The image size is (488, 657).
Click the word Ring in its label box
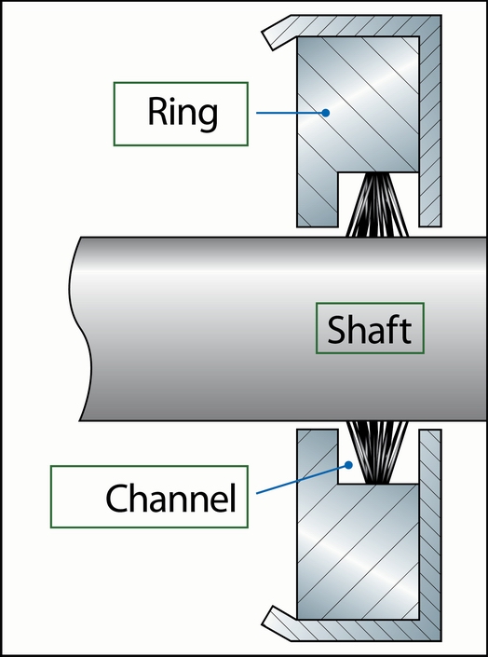(183, 113)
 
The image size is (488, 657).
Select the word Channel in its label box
(171, 498)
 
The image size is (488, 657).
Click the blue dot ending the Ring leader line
(325, 113)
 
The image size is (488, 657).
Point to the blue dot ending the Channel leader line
(348, 465)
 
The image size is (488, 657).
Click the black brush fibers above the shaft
(378, 204)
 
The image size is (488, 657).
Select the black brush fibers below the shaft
(378, 453)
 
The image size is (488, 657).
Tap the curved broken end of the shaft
(80, 329)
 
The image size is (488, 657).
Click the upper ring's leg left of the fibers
(318, 199)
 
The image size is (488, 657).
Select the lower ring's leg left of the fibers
(318, 457)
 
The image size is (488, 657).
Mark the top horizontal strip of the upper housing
(364, 25)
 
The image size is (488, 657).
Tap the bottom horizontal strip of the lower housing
(364, 631)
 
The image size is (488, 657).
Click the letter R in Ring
(157, 112)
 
